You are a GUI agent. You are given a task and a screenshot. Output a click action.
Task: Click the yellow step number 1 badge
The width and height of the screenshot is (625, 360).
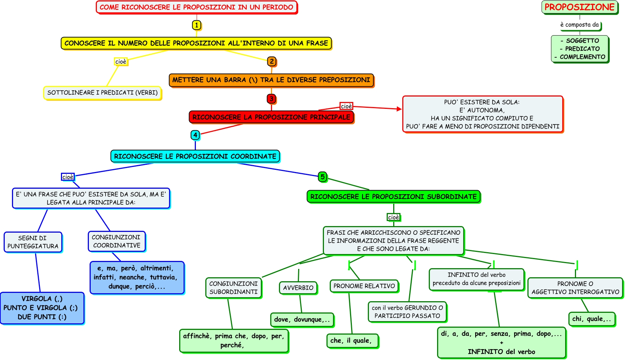click(x=196, y=25)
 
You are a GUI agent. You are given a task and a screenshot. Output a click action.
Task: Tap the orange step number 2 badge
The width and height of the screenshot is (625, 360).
click(x=272, y=61)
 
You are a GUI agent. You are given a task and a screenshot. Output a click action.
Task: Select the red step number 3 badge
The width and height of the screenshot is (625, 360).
click(x=271, y=99)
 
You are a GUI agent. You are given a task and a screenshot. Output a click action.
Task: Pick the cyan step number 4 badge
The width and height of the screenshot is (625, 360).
click(x=195, y=135)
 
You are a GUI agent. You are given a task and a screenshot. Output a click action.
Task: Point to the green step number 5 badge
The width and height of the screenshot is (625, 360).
click(x=322, y=177)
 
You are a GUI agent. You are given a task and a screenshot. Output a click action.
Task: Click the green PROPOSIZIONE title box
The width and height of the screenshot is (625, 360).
click(x=580, y=7)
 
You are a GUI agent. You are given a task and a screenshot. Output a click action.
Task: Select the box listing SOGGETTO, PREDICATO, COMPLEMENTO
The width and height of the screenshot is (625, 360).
click(x=580, y=49)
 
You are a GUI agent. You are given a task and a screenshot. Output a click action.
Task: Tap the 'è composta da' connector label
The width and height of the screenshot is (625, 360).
click(x=580, y=25)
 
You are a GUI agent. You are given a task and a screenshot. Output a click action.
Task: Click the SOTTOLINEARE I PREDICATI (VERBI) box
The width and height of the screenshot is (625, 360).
click(x=102, y=93)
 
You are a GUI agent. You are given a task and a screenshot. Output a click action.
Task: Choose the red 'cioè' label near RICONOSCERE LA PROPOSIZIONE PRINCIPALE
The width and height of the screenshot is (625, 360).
click(x=346, y=106)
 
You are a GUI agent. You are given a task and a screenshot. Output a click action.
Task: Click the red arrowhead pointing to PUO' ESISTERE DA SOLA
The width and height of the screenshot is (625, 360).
click(x=399, y=109)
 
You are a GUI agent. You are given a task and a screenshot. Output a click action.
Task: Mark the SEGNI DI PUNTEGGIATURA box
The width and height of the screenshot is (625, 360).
click(x=33, y=242)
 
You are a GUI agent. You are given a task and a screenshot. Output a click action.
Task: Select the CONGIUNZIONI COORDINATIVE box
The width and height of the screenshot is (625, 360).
click(x=116, y=241)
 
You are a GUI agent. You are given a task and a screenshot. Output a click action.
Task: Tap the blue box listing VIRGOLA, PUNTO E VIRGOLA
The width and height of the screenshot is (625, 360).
click(x=42, y=308)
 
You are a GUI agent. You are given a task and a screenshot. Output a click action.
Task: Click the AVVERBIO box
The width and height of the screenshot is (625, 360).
click(x=298, y=288)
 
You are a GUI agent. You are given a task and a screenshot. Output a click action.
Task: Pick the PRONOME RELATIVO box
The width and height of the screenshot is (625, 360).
click(x=364, y=286)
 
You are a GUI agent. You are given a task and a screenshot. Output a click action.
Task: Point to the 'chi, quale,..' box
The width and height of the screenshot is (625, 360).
click(x=592, y=319)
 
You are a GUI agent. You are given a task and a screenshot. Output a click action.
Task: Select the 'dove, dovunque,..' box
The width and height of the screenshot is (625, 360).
click(x=302, y=320)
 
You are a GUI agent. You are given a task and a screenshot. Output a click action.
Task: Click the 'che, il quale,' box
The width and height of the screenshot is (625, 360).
click(x=352, y=341)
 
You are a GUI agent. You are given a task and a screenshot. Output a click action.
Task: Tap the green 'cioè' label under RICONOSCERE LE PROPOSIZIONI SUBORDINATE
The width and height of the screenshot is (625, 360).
click(x=394, y=217)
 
